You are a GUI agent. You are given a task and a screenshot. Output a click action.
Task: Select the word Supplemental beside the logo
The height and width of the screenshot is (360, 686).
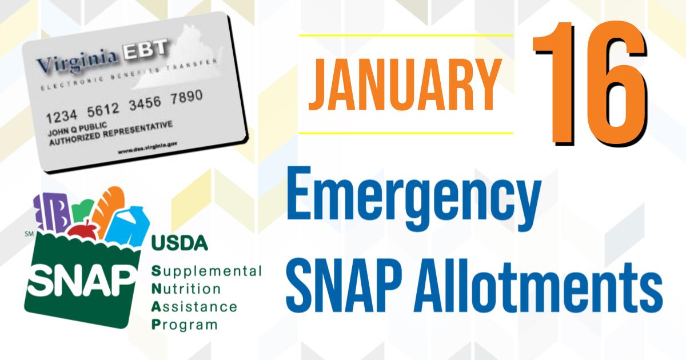pos(206,269)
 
